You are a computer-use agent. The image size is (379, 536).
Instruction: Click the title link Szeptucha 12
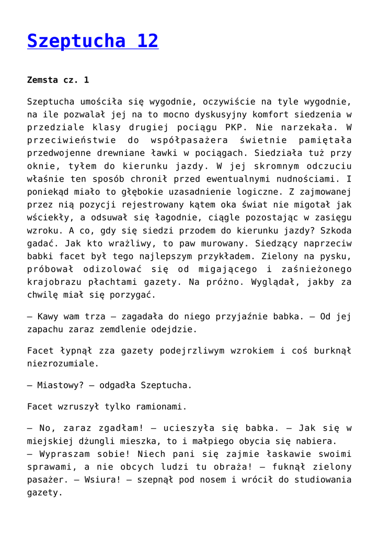pos(93,40)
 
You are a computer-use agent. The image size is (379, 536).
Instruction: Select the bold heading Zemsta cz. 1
pos(58,80)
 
